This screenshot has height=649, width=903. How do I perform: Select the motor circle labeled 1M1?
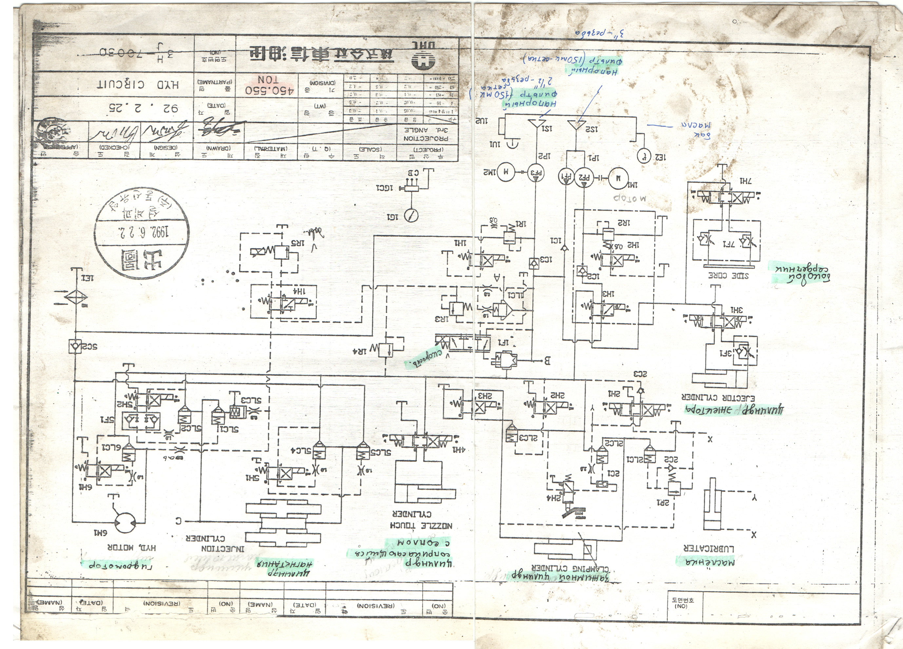tap(618, 179)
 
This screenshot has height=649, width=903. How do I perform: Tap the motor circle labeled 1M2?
tap(506, 172)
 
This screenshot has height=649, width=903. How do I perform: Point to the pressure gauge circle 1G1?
tap(411, 216)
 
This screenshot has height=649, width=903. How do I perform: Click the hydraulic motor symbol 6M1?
tap(125, 521)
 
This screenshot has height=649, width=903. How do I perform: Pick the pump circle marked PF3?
tap(536, 172)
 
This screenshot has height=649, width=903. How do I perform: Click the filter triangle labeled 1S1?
tap(537, 124)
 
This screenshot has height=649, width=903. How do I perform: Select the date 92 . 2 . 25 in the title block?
tap(144, 108)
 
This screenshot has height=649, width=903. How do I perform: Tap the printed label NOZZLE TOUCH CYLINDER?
tap(422, 520)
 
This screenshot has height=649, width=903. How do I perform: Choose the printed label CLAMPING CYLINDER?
tap(570, 569)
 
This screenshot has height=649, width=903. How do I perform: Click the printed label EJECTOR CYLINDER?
tap(718, 398)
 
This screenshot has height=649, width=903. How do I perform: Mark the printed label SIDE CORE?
tap(728, 276)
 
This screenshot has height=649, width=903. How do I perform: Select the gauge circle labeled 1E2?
tap(644, 156)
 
